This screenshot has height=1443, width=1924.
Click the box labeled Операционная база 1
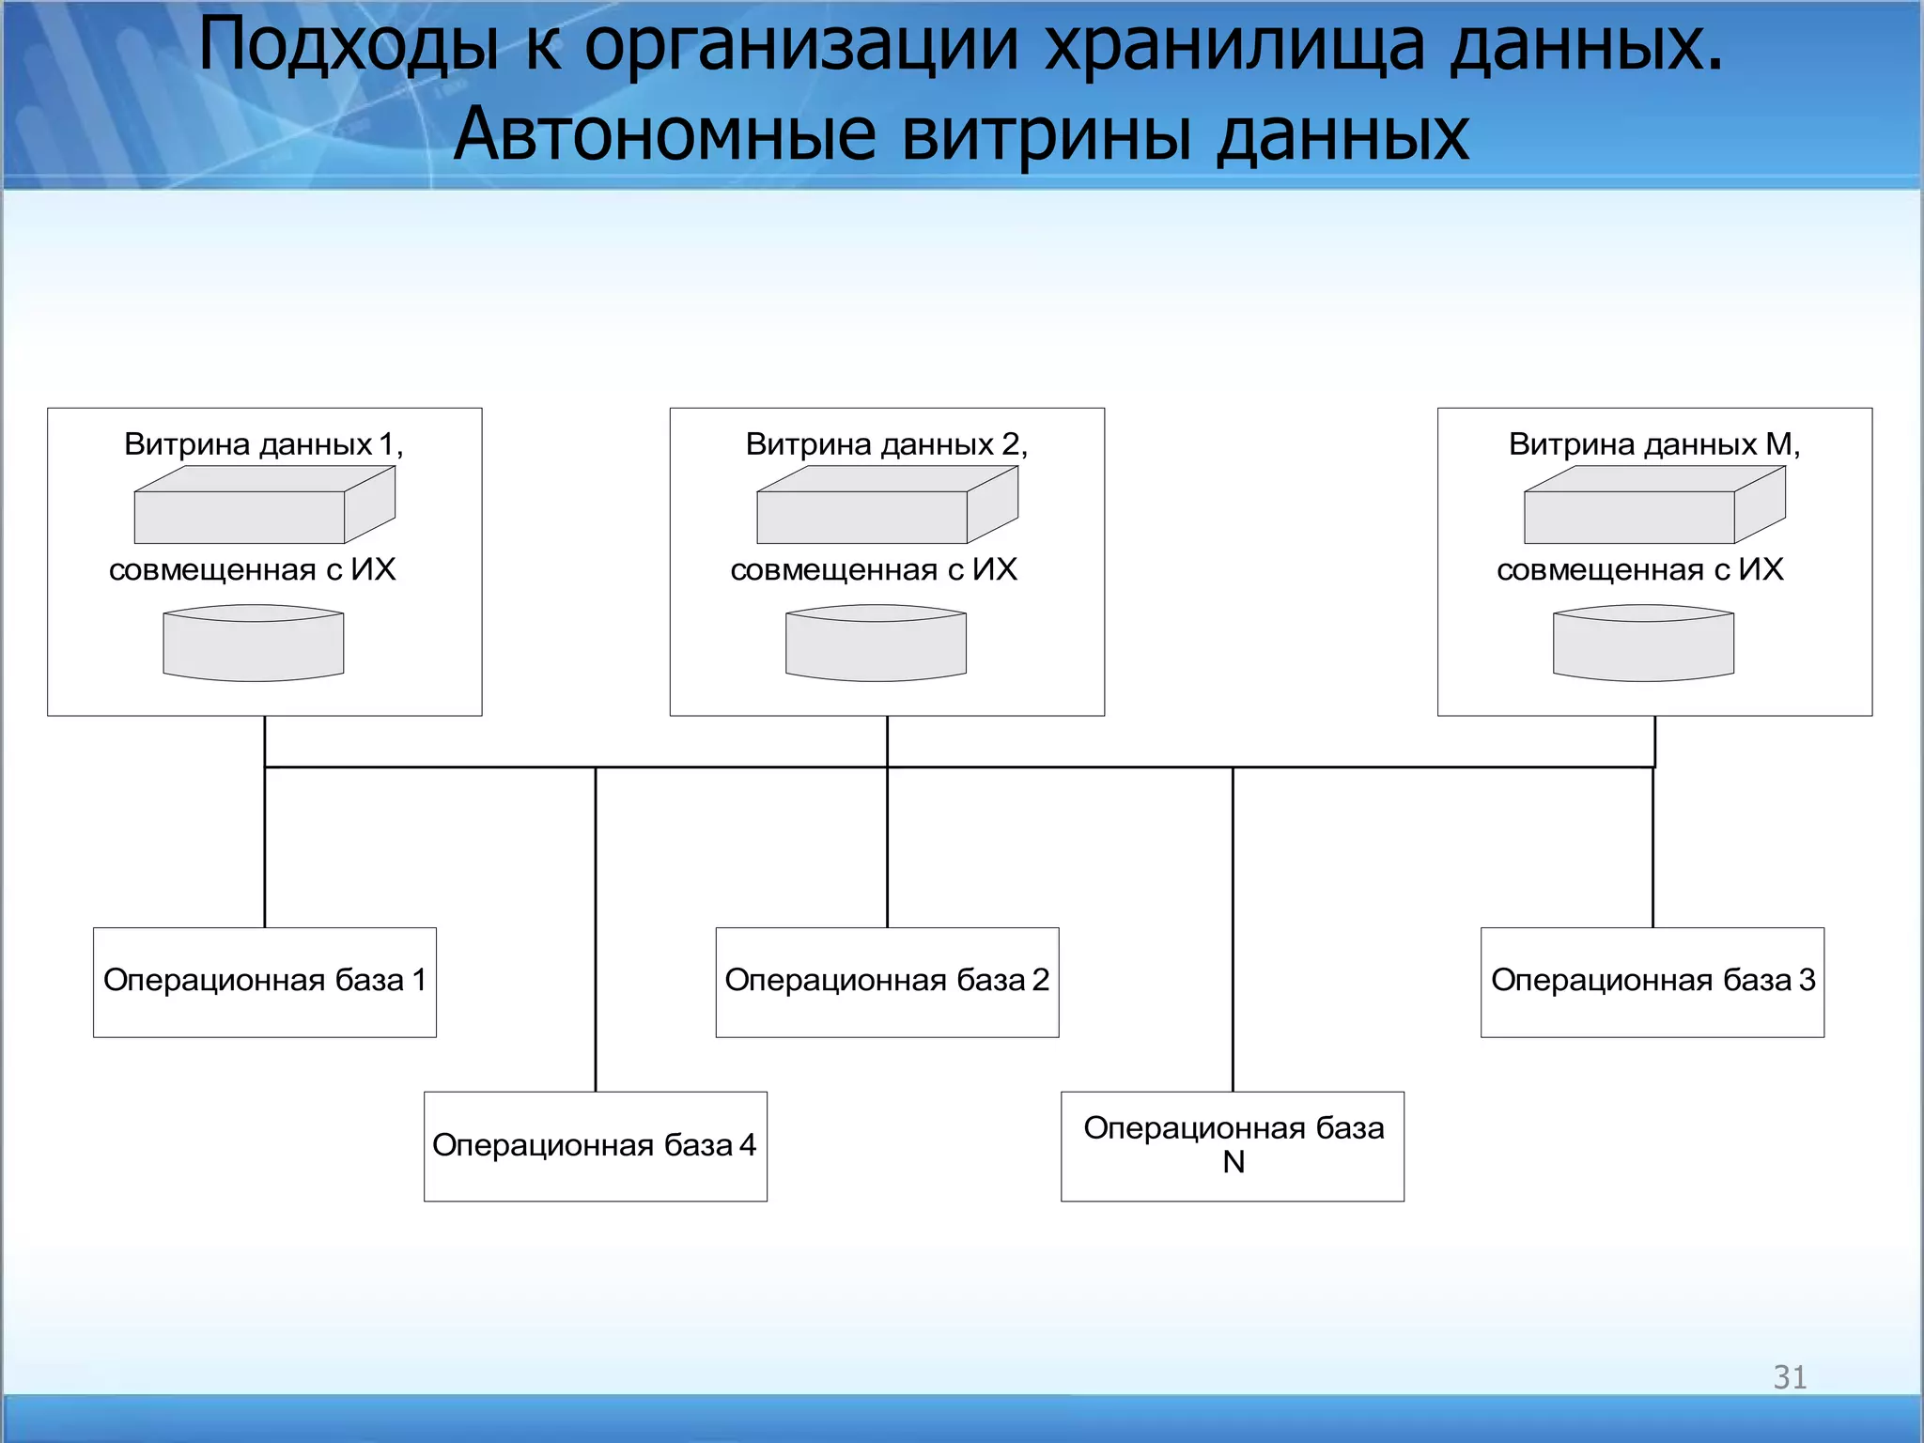[x=265, y=982]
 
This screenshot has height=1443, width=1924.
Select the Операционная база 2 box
[x=887, y=982]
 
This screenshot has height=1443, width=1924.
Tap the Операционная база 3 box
[x=1652, y=982]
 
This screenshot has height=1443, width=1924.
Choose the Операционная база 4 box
[x=595, y=1146]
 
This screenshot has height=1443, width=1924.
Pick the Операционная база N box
[x=1233, y=1146]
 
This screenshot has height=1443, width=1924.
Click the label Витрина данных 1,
[x=264, y=444]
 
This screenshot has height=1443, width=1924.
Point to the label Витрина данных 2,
[x=887, y=444]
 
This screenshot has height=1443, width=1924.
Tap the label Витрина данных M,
[x=1654, y=444]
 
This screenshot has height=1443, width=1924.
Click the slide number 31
[x=1790, y=1377]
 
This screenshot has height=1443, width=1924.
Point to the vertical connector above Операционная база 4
[x=596, y=930]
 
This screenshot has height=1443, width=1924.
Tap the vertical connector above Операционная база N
[x=1233, y=930]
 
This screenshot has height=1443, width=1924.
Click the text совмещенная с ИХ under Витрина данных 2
[x=874, y=570]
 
